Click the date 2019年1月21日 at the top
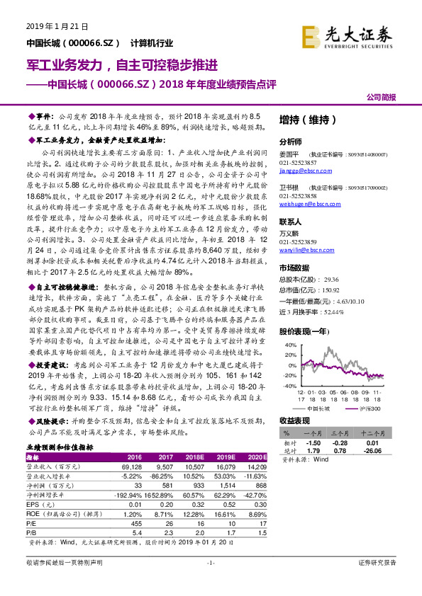(x=52, y=26)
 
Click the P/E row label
(x=32, y=523)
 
